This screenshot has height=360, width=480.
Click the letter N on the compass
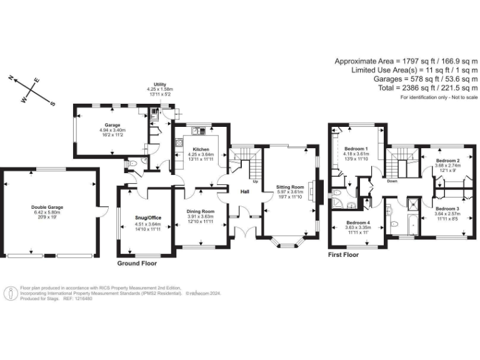point(11,78)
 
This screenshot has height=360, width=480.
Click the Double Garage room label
point(47,206)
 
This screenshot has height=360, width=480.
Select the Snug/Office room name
point(144,217)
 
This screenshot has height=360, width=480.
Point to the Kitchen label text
point(201,149)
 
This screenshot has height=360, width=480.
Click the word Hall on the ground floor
point(244,192)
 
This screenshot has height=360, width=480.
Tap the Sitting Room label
point(289,187)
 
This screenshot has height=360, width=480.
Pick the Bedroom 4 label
point(358,223)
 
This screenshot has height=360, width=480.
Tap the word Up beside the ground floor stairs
point(255,182)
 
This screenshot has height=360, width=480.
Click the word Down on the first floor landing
point(392,181)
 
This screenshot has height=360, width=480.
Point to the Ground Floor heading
point(137,263)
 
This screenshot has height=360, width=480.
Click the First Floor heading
point(344,255)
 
